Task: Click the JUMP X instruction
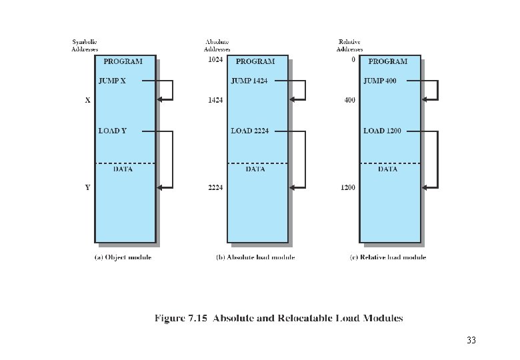[112, 81]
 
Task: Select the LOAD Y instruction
[112, 131]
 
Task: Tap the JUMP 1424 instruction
[249, 81]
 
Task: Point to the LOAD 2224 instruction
[250, 131]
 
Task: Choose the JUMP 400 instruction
[381, 81]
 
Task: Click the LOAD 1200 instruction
[382, 131]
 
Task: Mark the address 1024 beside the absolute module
[215, 60]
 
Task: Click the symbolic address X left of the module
[87, 101]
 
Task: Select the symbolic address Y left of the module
[87, 188]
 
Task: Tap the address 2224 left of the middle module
[215, 188]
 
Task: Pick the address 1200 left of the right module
[347, 188]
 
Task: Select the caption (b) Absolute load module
[255, 257]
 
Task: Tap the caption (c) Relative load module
[387, 257]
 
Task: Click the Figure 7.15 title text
[279, 318]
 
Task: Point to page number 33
[471, 341]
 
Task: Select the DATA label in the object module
[123, 169]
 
